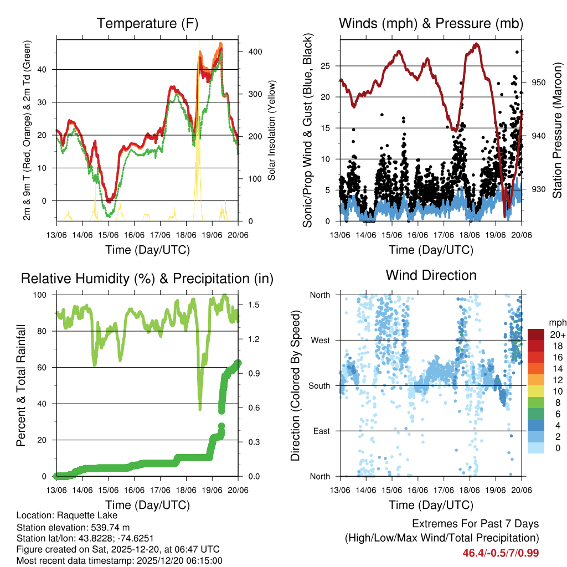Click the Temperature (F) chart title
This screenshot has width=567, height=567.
[x=147, y=24]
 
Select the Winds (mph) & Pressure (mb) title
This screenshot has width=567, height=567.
[x=431, y=24]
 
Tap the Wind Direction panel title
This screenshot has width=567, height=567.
[x=431, y=275]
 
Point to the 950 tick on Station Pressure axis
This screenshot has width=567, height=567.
[x=539, y=83]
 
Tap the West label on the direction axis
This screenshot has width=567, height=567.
[x=320, y=340]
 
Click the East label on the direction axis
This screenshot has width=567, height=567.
[x=321, y=431]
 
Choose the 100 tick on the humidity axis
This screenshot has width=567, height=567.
[x=43, y=295]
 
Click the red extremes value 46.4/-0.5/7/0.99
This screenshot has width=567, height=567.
[x=501, y=553]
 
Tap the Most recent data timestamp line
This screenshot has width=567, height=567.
[x=120, y=560]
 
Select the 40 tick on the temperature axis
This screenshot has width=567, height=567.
[x=47, y=70]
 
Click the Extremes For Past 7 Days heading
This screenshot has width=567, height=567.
[x=475, y=524]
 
